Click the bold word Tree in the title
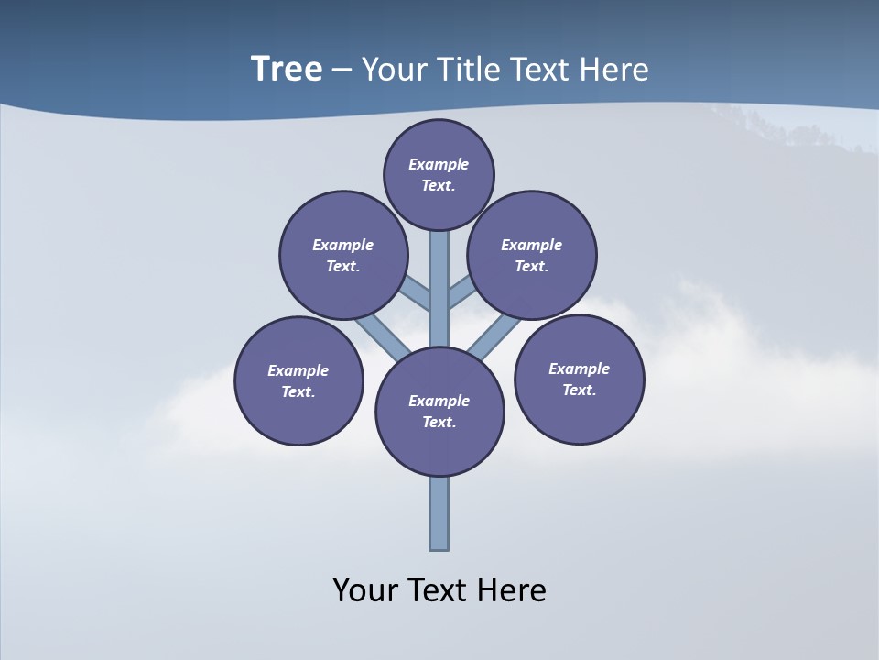click(x=287, y=69)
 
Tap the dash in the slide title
click(x=342, y=71)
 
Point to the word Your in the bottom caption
click(x=365, y=589)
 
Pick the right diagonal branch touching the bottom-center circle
click(x=495, y=336)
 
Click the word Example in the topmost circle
click(x=439, y=164)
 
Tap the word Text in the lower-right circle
click(x=579, y=390)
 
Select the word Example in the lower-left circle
click(x=298, y=370)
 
